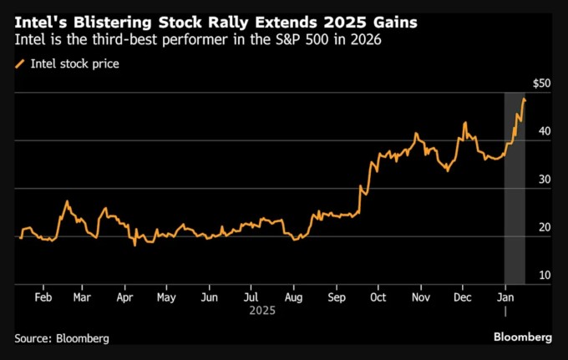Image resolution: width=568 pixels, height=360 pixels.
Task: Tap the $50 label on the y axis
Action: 542,83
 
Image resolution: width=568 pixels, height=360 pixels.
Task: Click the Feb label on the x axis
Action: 43,297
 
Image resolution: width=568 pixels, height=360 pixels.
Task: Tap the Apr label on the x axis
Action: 124,297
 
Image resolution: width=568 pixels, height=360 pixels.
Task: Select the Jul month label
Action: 251,297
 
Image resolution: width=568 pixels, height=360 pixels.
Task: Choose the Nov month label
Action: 421,297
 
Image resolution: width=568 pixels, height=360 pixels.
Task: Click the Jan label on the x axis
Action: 505,297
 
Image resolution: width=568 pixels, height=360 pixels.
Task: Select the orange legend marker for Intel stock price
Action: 19,63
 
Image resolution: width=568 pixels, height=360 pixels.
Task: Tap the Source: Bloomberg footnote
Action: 62,338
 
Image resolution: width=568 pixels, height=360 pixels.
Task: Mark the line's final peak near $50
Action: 524,99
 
